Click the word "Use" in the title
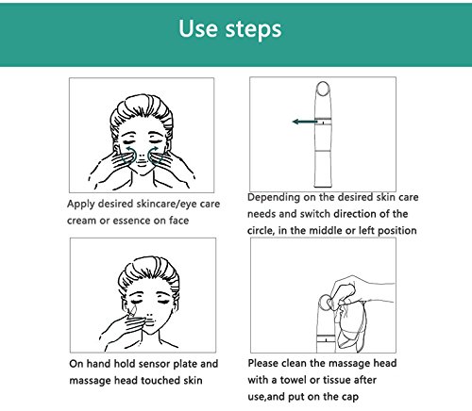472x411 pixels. coord(198,28)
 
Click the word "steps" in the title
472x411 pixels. coord(253,30)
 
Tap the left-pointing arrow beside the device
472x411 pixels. coord(305,122)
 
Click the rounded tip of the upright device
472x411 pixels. coord(323,89)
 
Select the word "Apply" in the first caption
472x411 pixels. coord(81,205)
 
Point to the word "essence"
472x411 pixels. coord(131,221)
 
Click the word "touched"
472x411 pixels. coord(160,381)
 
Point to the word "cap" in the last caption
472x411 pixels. coord(349,398)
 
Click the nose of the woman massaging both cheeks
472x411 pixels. coord(142,156)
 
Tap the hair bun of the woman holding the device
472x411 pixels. coord(149,272)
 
